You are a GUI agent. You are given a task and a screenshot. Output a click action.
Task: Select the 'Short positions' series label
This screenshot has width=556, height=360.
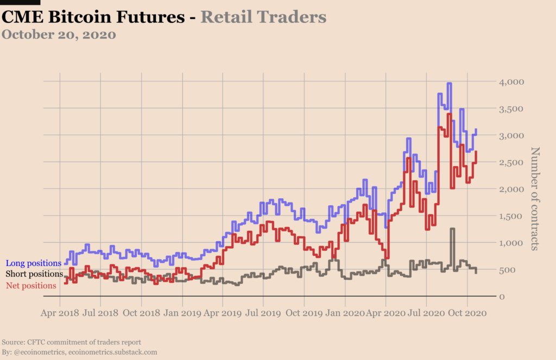pos(34,274)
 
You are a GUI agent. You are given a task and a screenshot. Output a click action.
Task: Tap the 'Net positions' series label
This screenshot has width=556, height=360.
pos(31,285)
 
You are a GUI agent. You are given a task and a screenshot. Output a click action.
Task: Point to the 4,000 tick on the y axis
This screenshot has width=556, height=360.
pos(511,82)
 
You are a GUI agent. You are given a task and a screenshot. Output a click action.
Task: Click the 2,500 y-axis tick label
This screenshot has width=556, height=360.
pos(511,162)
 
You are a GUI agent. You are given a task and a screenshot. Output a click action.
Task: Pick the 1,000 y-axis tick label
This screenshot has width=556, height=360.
pos(511,243)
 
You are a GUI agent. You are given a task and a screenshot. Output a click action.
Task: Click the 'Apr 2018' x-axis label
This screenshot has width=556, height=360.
pos(60,313)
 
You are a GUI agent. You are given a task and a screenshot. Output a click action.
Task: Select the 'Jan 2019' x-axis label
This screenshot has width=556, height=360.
pos(182,313)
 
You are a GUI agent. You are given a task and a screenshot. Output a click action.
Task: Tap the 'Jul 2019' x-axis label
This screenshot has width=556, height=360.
pos(263,313)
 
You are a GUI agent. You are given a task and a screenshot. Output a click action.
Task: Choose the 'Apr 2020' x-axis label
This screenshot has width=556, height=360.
pos(386,313)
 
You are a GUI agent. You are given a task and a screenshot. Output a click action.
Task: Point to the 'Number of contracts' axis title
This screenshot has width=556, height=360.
pos(535,198)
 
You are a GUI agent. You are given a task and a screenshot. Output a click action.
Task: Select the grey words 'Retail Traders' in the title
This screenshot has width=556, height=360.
pos(263,17)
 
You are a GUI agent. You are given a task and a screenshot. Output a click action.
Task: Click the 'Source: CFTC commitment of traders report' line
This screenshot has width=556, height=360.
pos(71,342)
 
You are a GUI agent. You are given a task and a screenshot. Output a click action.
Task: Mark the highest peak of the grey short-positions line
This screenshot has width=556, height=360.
pos(452,229)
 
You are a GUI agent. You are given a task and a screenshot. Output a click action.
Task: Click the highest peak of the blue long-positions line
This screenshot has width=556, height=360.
pos(449,84)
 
